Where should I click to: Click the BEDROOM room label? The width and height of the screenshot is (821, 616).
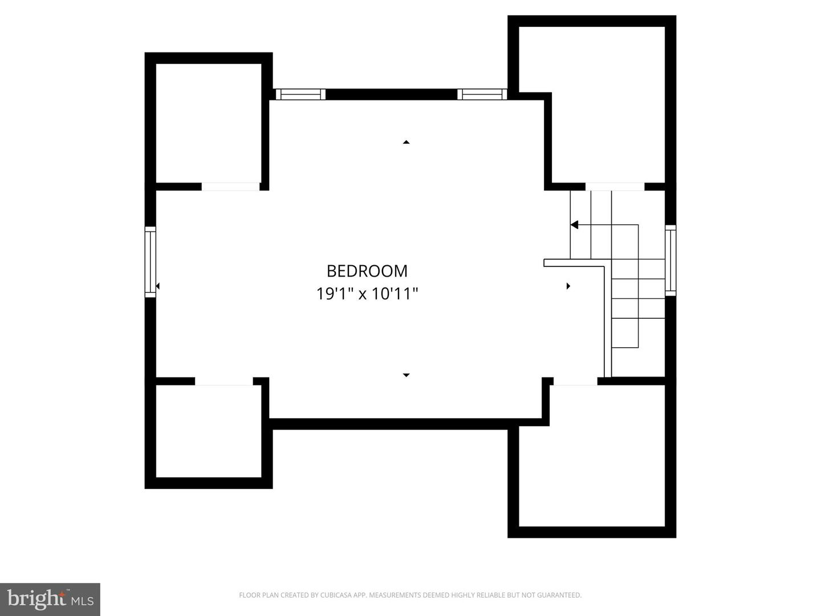(367, 270)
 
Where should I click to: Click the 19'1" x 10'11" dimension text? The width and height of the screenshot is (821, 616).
(367, 294)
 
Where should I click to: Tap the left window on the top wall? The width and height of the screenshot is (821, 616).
(300, 94)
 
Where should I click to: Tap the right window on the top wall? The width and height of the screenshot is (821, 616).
(482, 94)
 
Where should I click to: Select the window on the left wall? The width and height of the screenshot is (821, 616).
(150, 262)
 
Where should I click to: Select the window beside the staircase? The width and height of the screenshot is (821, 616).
(670, 260)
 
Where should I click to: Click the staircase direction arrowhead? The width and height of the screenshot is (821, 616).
(575, 225)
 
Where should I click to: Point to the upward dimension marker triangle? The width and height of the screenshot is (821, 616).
(406, 142)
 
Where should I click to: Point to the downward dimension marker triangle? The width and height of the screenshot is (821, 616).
(406, 375)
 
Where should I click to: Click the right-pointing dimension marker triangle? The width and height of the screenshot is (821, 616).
(568, 286)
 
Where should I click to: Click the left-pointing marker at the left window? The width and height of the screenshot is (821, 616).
(157, 286)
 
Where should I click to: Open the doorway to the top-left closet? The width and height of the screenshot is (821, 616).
(230, 187)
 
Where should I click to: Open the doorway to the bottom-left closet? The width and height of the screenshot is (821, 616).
(223, 381)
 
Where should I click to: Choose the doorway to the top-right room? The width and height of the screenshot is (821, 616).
(615, 187)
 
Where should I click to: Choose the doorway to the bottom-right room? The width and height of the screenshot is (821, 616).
(575, 381)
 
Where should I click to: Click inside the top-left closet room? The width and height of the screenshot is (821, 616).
(209, 123)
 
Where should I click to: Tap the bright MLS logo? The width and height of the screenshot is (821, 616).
(50, 599)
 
